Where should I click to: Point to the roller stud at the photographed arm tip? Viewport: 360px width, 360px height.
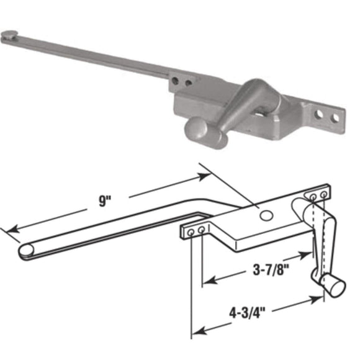pos(10,36)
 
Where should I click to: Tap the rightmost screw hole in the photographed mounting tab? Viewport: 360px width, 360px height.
pos(335,117)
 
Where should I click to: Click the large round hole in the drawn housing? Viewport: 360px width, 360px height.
pos(266,215)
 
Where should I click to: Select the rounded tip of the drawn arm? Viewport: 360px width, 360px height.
pos(26,250)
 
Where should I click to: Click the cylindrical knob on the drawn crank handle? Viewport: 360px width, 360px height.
pos(335,287)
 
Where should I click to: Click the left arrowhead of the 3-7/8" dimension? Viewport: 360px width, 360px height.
pos(209,281)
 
